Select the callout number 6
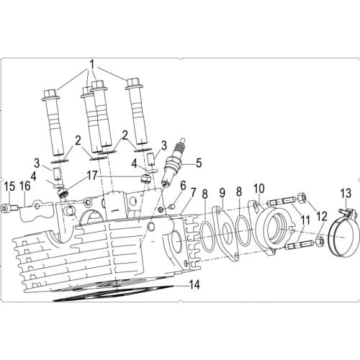click(183, 186)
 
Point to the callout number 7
click(193, 194)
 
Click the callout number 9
click(222, 193)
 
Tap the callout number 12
click(322, 215)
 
